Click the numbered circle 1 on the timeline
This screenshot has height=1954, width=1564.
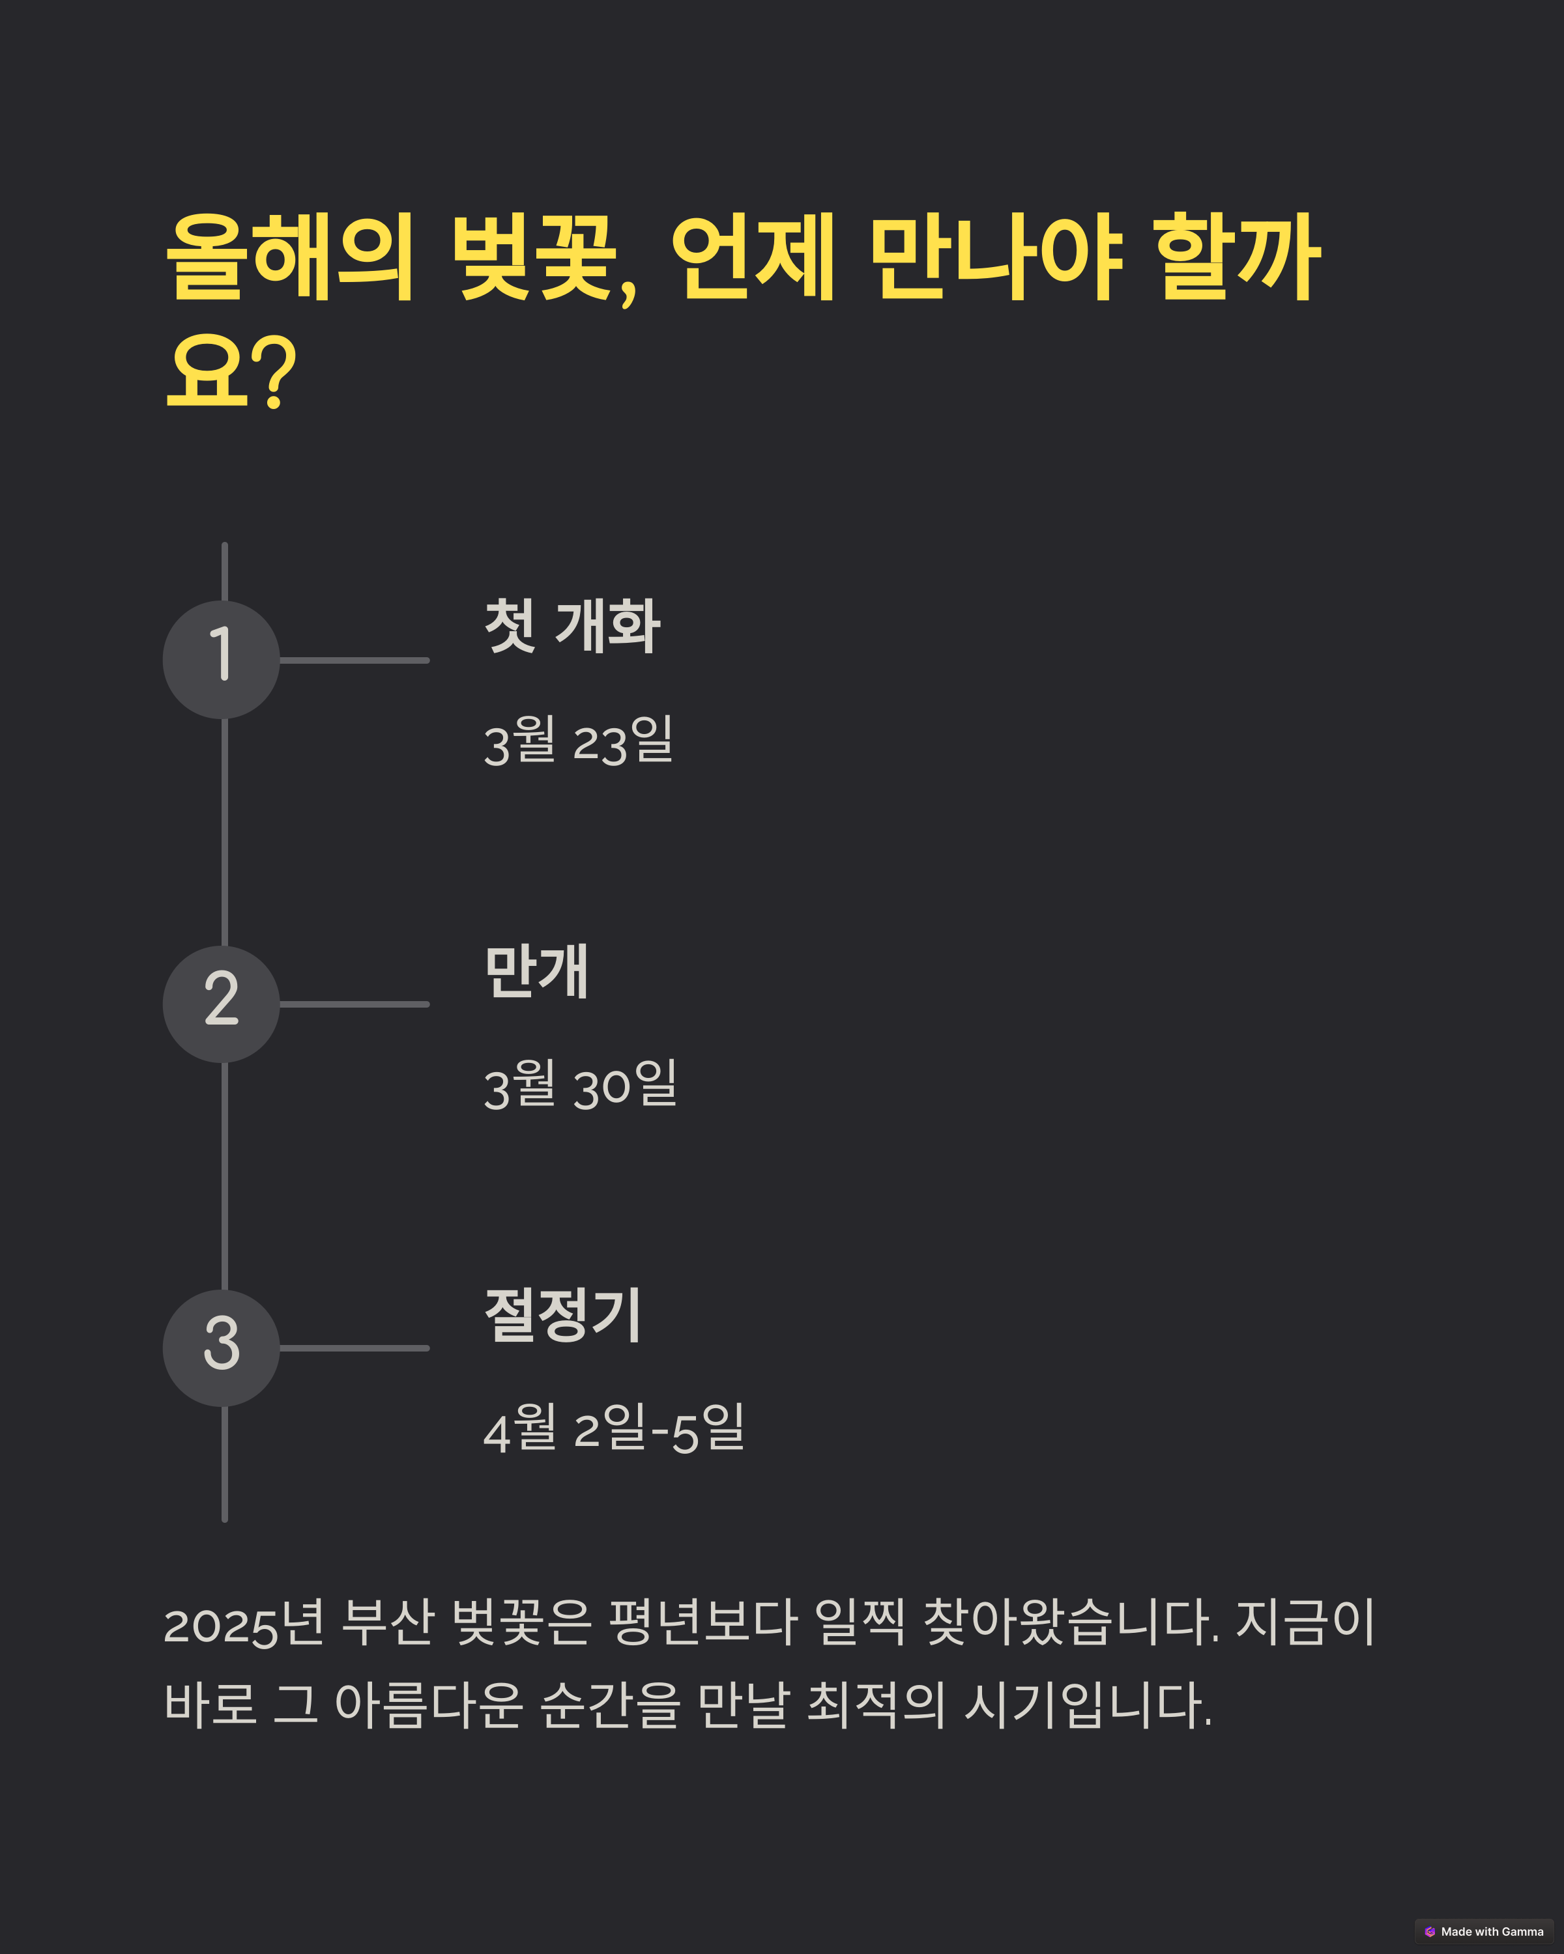tap(221, 659)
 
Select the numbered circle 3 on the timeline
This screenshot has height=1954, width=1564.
tap(221, 1348)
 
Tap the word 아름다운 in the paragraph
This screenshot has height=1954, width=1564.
tap(428, 1704)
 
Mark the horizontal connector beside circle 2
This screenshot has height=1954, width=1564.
tap(354, 1004)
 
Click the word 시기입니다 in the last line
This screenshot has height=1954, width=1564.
tap(1086, 1704)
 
